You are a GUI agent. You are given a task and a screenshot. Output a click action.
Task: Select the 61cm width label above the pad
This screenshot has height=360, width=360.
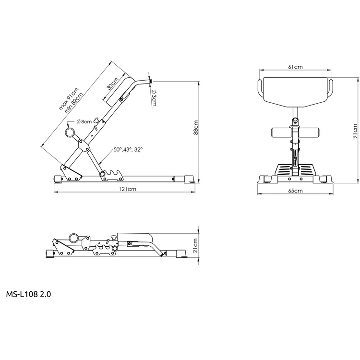tap(295, 67)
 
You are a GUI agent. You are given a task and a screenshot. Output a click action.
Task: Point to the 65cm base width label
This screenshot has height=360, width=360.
tap(295, 191)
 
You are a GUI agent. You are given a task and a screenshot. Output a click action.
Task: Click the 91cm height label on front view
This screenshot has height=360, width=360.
tap(355, 131)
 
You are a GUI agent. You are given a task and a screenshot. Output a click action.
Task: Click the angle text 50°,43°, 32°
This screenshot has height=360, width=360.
tap(128, 149)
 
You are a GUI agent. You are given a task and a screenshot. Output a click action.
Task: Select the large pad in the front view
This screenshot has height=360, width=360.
tap(295, 92)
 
